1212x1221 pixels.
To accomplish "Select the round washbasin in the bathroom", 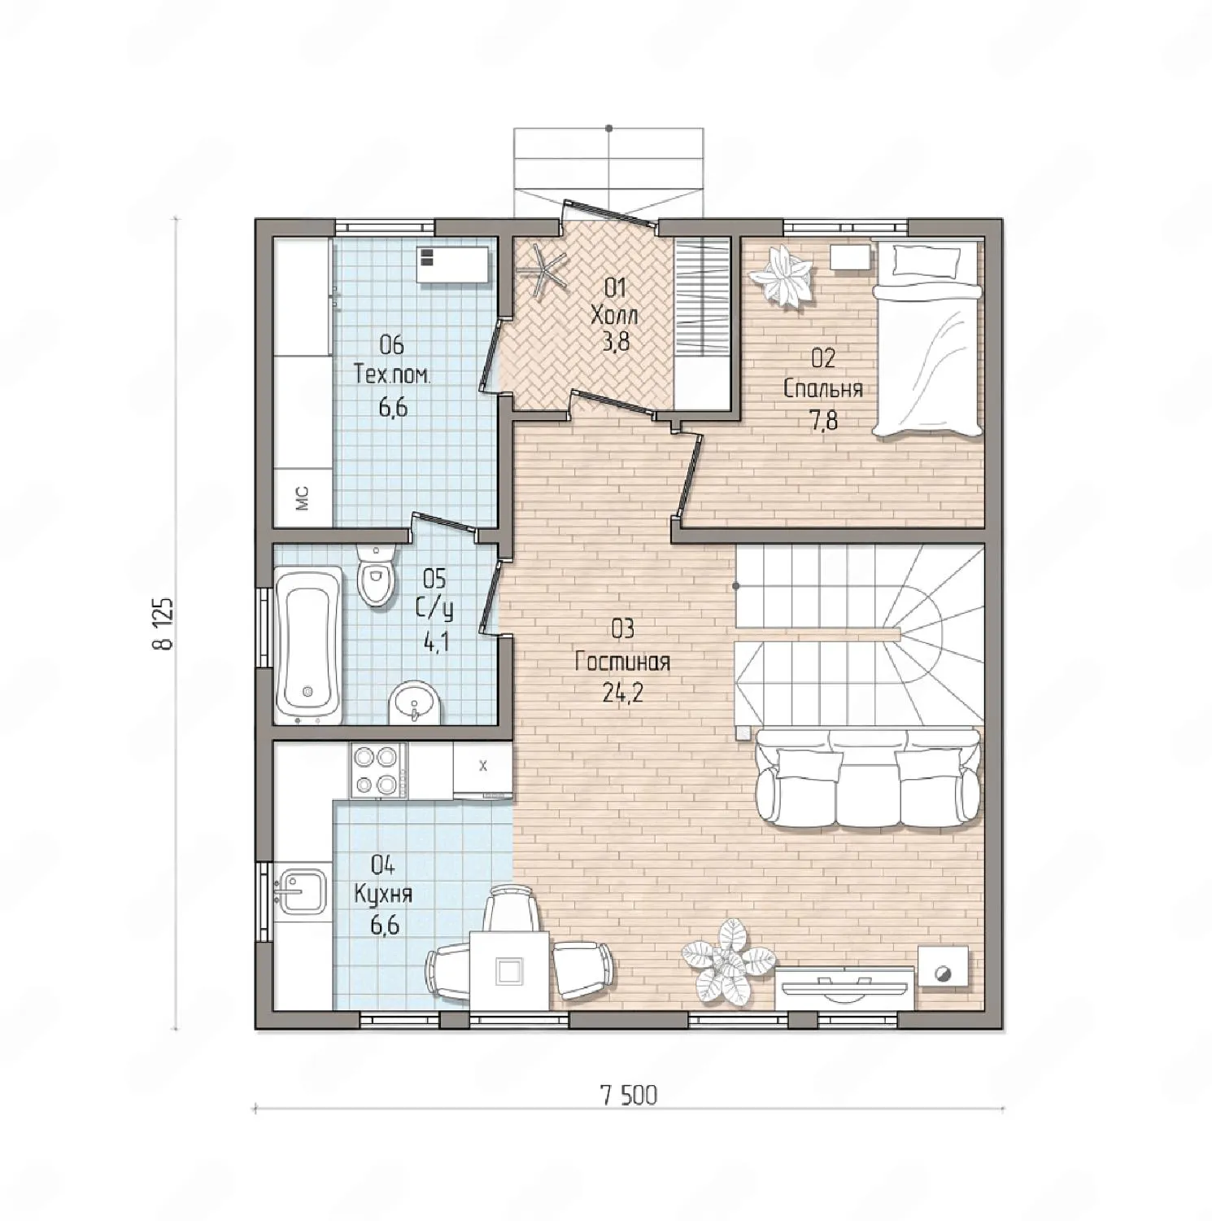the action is [415, 704].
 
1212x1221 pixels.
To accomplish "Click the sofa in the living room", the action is [867, 778].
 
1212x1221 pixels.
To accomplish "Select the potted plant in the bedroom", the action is [781, 276].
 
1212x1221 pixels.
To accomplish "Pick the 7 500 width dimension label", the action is [629, 1096].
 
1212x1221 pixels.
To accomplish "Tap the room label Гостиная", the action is [622, 662].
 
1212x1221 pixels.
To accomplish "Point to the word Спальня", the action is [823, 389].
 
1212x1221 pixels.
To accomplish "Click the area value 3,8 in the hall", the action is [616, 341].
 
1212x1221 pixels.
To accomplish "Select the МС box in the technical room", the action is [303, 497].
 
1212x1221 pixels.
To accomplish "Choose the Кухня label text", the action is [383, 895].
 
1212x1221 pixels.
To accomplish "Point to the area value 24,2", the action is [622, 693].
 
